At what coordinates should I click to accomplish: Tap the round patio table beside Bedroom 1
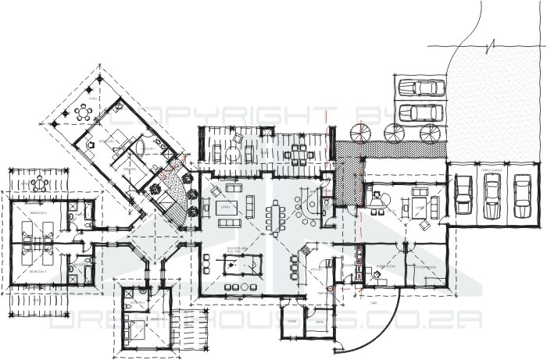click(82, 112)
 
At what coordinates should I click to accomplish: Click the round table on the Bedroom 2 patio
click(39, 184)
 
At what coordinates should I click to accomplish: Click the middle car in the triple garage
click(492, 197)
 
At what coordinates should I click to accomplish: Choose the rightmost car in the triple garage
click(521, 197)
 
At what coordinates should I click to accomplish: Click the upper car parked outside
click(420, 87)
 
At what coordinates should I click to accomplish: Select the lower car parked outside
click(420, 112)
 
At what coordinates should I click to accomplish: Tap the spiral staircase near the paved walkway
click(361, 134)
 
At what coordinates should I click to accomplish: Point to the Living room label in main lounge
click(227, 207)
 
